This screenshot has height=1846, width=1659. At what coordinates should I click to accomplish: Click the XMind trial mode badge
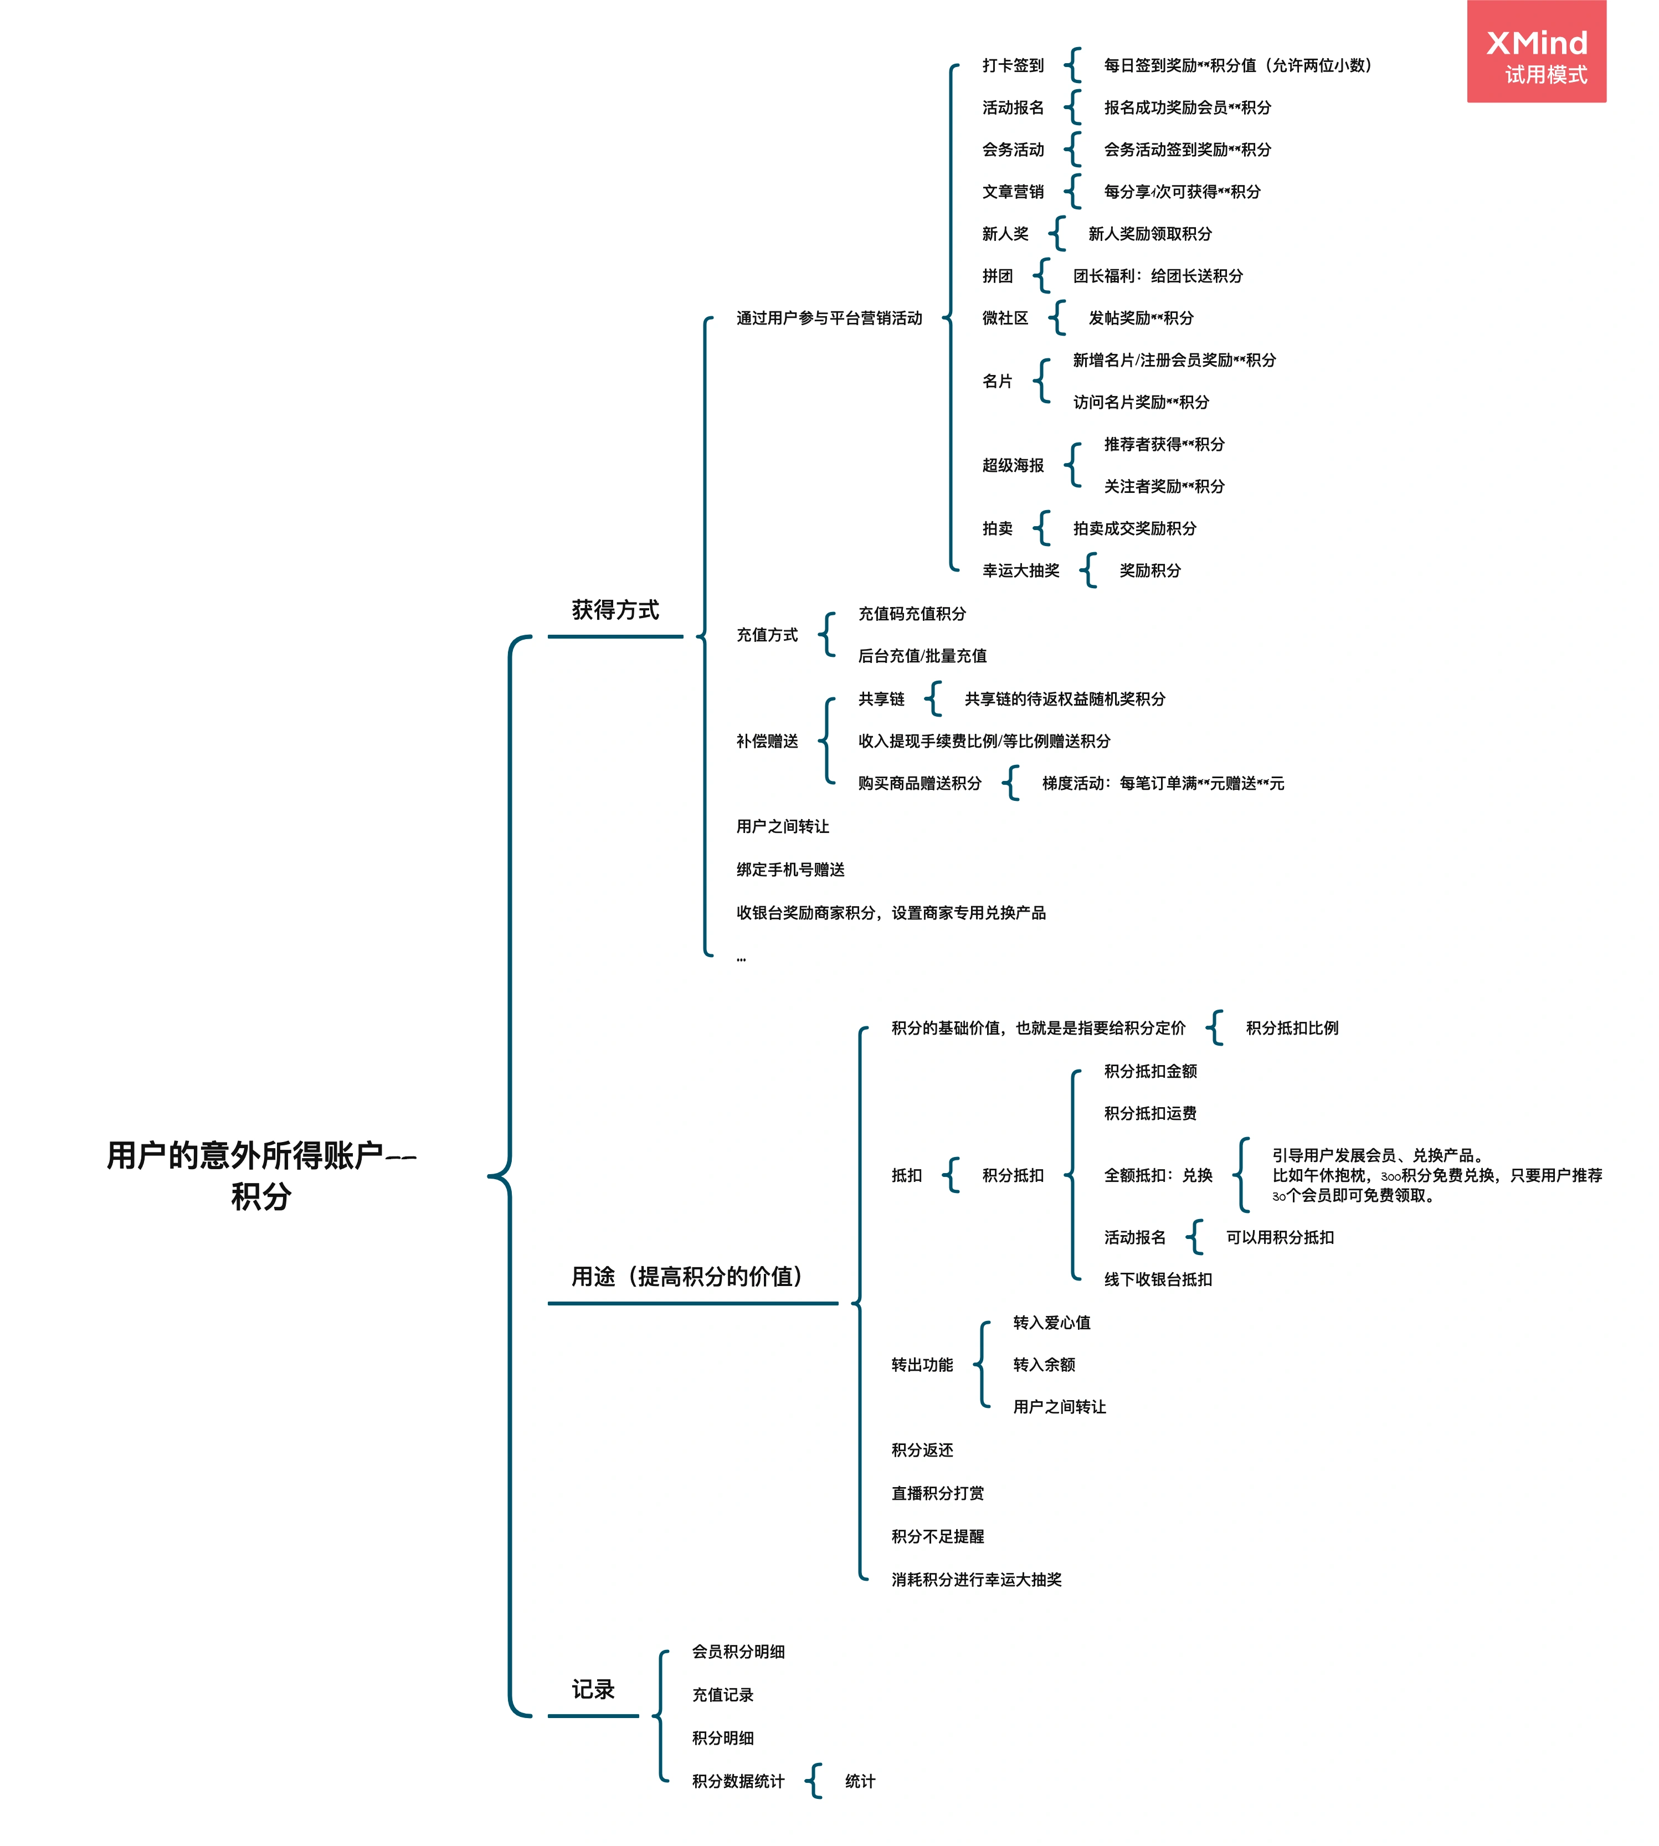tap(1536, 53)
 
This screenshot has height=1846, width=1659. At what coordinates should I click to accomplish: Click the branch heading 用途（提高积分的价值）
tap(687, 1276)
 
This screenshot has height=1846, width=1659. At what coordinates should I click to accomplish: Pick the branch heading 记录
tap(593, 1689)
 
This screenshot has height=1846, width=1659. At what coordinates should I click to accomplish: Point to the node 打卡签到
tap(1013, 66)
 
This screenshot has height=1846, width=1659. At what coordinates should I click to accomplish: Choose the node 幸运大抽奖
tap(1021, 570)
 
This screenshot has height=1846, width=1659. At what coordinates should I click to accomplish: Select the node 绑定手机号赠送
tap(790, 870)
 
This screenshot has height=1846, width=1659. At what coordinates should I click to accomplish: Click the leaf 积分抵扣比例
tap(1292, 1029)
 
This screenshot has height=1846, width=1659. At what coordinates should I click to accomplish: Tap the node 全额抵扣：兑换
tap(1158, 1175)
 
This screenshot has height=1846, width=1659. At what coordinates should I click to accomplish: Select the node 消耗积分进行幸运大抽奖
tap(976, 1580)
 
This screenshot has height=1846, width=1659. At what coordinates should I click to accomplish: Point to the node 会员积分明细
tap(738, 1652)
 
